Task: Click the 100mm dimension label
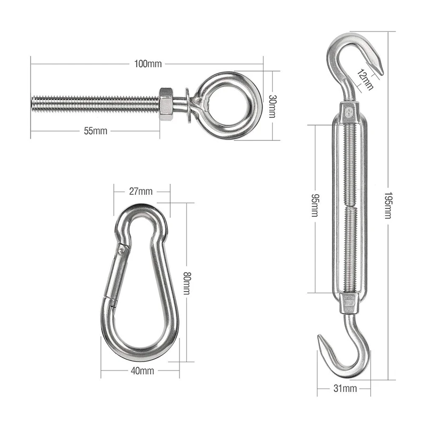(x=148, y=64)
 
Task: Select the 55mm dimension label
(x=96, y=131)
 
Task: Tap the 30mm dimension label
(x=272, y=106)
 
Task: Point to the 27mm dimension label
(x=141, y=192)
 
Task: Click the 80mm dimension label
(x=187, y=283)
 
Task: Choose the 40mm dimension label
(x=142, y=371)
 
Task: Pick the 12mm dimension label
(x=365, y=79)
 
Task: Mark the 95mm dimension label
(x=315, y=205)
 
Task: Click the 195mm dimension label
(x=388, y=205)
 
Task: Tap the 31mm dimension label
(x=345, y=388)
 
